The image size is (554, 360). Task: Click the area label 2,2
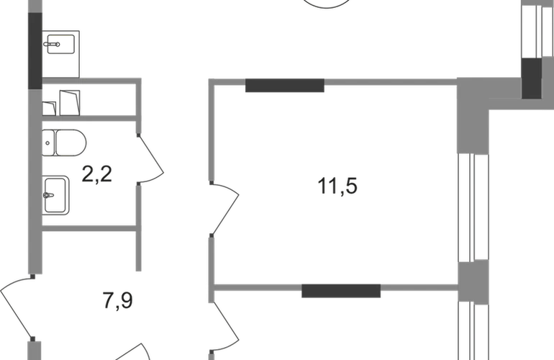click(x=97, y=174)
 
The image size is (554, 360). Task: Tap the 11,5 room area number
click(x=337, y=186)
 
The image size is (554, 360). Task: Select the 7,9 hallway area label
click(x=118, y=301)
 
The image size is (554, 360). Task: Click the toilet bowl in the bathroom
click(x=71, y=143)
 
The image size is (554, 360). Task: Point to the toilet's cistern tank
click(x=48, y=143)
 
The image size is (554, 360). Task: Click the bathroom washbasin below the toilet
click(x=55, y=195)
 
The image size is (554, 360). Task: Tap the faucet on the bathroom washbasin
click(x=48, y=195)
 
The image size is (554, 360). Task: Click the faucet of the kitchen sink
click(x=52, y=45)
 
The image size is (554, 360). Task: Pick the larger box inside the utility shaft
click(x=70, y=102)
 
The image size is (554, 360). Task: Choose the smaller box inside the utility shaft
click(x=49, y=109)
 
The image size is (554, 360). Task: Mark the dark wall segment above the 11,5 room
click(x=285, y=86)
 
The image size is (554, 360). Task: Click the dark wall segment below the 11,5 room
click(x=341, y=291)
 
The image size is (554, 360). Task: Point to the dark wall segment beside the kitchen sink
click(x=35, y=50)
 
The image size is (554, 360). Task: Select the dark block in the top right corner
click(x=532, y=78)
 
